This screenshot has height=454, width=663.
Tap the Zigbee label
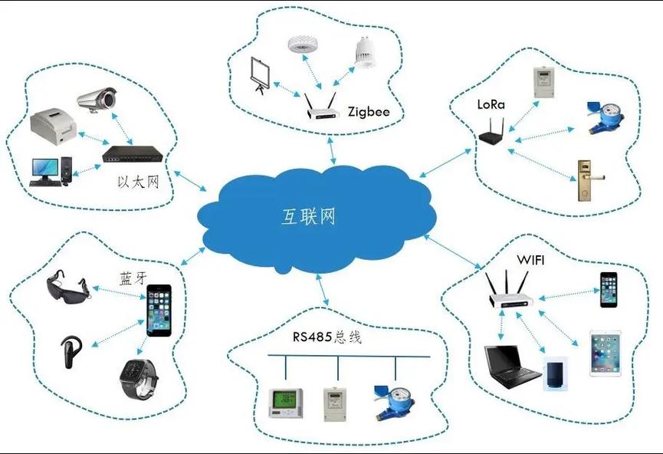pos(369,112)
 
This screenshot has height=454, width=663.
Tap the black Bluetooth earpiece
pos(71,351)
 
